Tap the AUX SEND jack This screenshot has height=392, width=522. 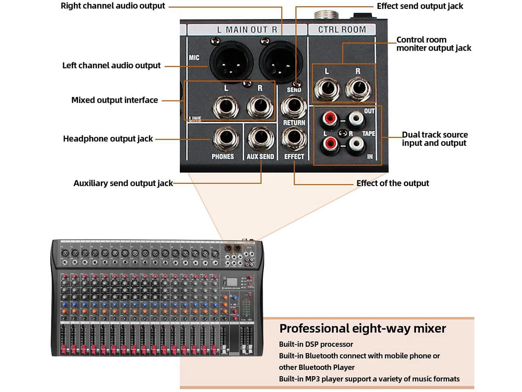pyautogui.click(x=261, y=139)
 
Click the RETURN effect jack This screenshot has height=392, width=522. pyautogui.click(x=294, y=139)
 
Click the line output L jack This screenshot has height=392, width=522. pyautogui.click(x=226, y=107)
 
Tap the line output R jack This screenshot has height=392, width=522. pyautogui.click(x=260, y=107)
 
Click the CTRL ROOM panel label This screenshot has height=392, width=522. pyautogui.click(x=342, y=29)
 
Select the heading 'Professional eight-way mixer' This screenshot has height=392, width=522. pyautogui.click(x=363, y=328)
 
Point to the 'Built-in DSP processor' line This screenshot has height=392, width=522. pyautogui.click(x=316, y=344)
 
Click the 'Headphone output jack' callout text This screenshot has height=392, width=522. pyautogui.click(x=108, y=139)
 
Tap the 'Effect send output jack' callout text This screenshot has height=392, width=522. pyautogui.click(x=420, y=6)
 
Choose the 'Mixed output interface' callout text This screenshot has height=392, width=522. pyautogui.click(x=115, y=100)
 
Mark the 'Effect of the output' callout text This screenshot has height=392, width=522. pyautogui.click(x=392, y=183)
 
